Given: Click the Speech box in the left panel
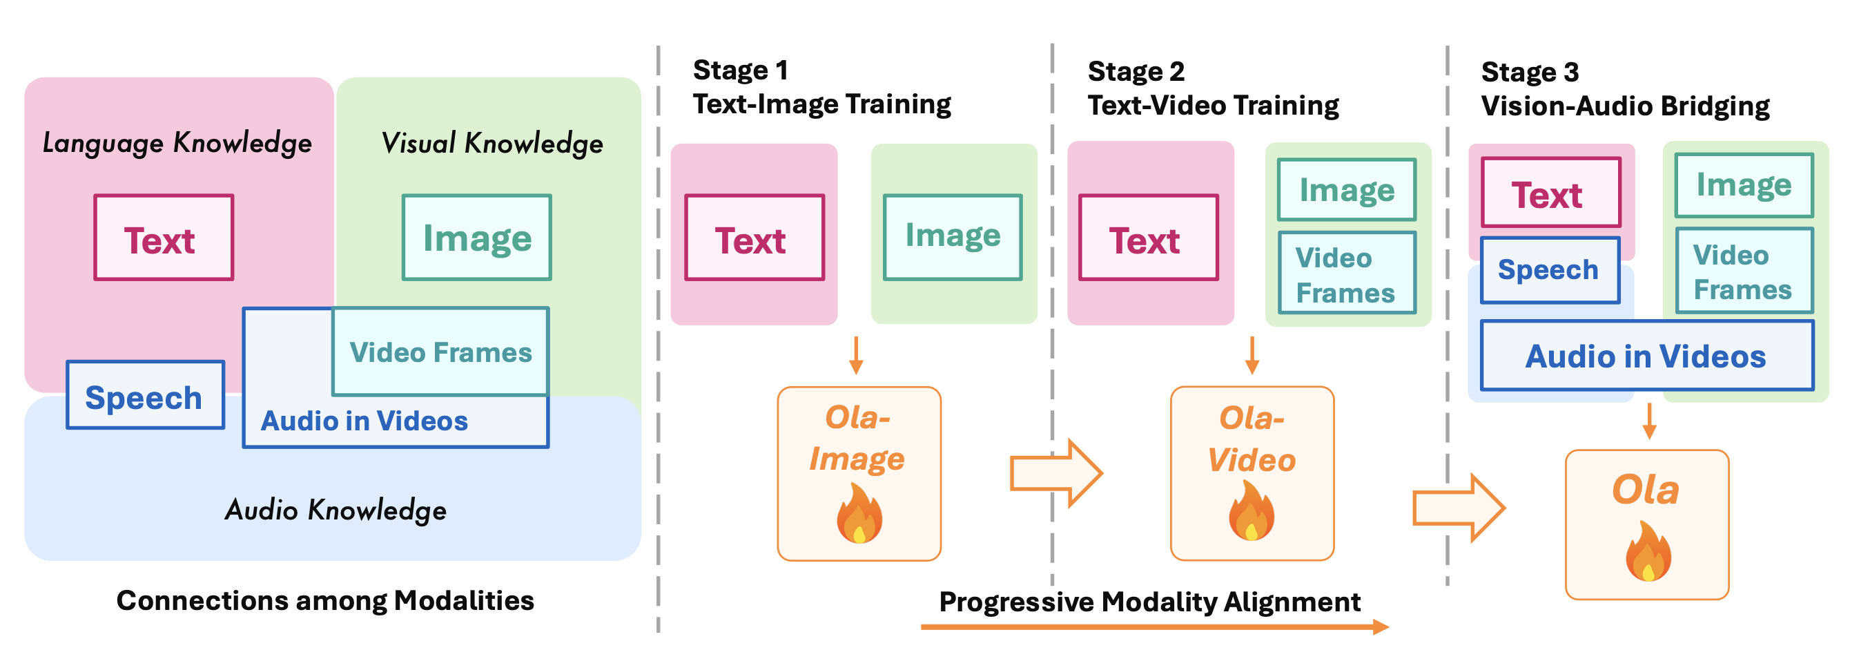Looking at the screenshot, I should pyautogui.click(x=145, y=396).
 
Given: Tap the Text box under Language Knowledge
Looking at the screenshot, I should pyautogui.click(x=164, y=238).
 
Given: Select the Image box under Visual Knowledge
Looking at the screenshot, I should pyautogui.click(x=477, y=238).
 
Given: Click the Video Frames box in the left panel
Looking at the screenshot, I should pyautogui.click(x=441, y=352).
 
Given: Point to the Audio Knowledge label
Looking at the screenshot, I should pyautogui.click(x=335, y=510).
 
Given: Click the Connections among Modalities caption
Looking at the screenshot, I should pyautogui.click(x=325, y=600).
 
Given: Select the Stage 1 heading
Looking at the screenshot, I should pyautogui.click(x=741, y=70).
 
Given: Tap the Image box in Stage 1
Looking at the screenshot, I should pyautogui.click(x=953, y=236).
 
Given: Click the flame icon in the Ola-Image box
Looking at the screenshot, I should pyautogui.click(x=859, y=514).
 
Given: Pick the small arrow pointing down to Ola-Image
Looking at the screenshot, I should pyautogui.click(x=855, y=355).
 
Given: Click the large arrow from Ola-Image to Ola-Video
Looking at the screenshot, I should pyautogui.click(x=1055, y=474).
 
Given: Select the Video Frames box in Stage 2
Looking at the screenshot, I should pyautogui.click(x=1347, y=274).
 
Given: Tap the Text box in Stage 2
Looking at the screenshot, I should pyautogui.click(x=1149, y=238).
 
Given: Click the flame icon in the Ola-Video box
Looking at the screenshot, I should pyautogui.click(x=1251, y=512).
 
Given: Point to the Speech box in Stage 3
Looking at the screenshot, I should pyautogui.click(x=1550, y=270).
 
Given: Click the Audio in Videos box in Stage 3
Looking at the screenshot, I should pyautogui.click(x=1646, y=356).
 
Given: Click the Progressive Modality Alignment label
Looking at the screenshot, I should pyautogui.click(x=1149, y=602).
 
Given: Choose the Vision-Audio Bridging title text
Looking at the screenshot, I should pyautogui.click(x=1625, y=106).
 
